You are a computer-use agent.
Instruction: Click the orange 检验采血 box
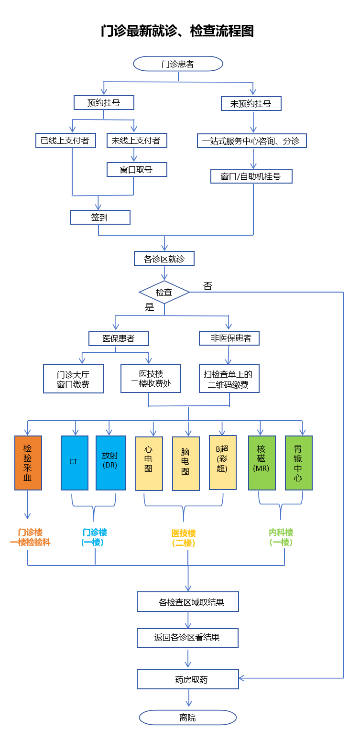[x=28, y=463]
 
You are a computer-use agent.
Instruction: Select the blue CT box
[x=75, y=463]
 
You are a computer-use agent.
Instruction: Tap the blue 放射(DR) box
[x=111, y=463]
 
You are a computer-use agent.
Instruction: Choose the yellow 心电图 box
[x=149, y=463]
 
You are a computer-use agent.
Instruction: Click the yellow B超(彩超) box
[x=223, y=462]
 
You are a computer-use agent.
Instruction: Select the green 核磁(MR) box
[x=262, y=463]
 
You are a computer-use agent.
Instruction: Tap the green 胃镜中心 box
[x=299, y=463]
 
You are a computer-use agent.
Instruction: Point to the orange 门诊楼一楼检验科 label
[x=30, y=537]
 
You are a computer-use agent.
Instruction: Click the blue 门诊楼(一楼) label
[x=95, y=537]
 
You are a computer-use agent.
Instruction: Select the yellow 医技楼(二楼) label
[x=184, y=538]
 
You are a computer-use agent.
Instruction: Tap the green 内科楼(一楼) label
[x=281, y=537]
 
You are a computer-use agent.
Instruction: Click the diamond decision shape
[x=164, y=292]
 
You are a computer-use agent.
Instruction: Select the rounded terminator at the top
[x=178, y=64]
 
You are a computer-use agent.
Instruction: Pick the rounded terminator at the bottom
[x=188, y=717]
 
